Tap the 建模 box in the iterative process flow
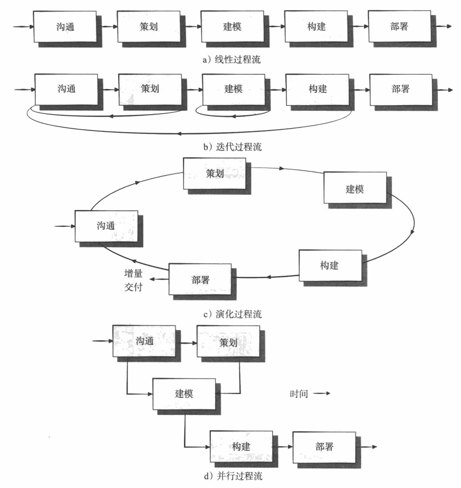click(233, 89)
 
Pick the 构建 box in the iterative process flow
click(317, 89)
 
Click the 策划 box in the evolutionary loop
click(214, 173)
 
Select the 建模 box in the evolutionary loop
click(355, 188)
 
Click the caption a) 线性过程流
click(232, 60)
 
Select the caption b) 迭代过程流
click(232, 147)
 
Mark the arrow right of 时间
click(321, 394)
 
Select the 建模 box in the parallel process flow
click(184, 393)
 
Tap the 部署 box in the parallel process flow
click(324, 446)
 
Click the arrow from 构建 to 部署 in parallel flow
click(283, 446)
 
